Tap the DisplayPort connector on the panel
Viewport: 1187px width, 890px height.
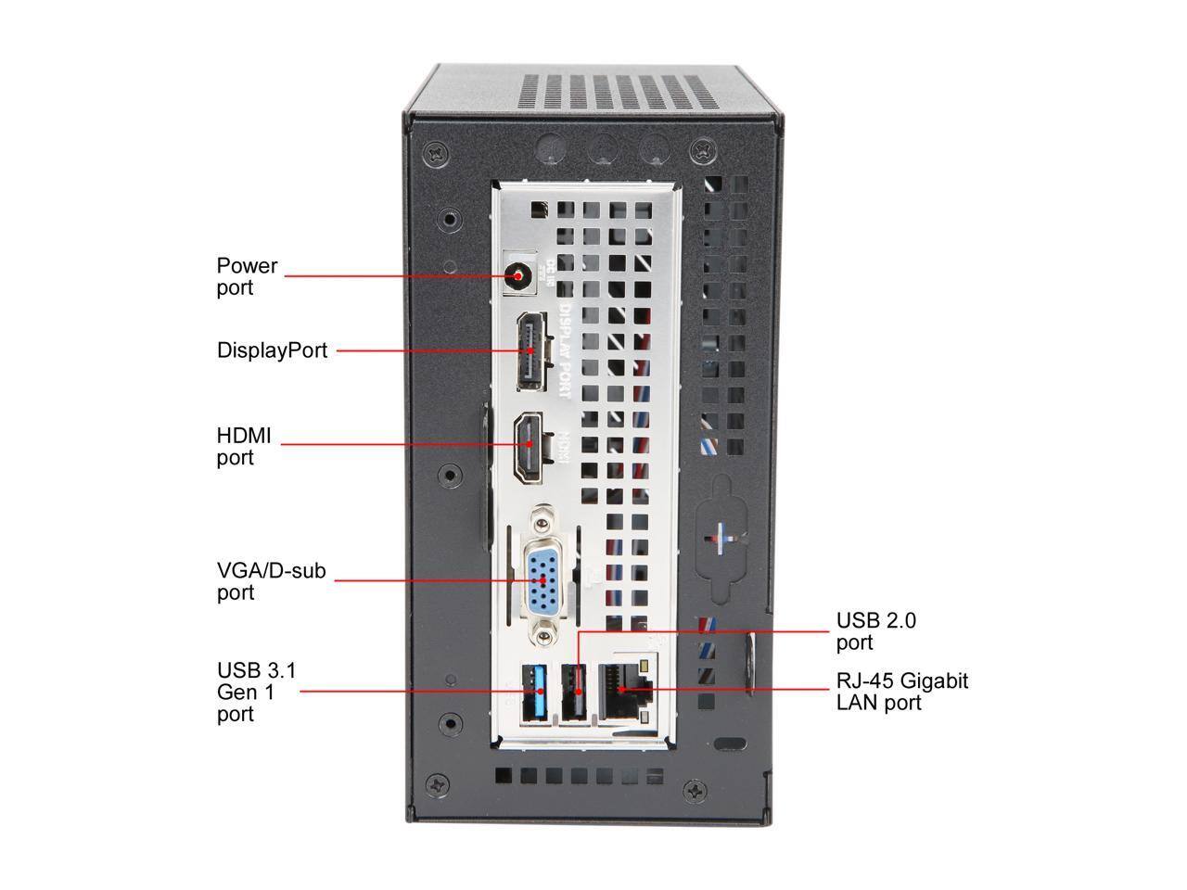tap(534, 351)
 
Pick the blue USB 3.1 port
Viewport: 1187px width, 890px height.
tap(534, 693)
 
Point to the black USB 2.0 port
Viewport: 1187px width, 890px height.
tap(574, 693)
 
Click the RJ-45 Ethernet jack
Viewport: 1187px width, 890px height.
tap(626, 691)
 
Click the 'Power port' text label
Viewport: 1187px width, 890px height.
tap(247, 276)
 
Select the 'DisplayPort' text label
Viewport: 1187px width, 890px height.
tap(272, 350)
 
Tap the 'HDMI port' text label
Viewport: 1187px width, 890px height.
tap(243, 446)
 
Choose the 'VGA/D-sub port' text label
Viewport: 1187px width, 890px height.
tap(271, 581)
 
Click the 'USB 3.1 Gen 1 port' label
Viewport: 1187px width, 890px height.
tap(256, 692)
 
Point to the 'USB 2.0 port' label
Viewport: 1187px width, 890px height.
tap(876, 631)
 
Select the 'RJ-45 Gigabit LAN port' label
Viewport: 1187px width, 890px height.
tap(902, 692)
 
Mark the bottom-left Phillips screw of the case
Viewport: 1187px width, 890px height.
tap(437, 785)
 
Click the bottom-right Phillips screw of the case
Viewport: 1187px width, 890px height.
tap(696, 791)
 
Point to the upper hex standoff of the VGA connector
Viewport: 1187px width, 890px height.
tap(542, 519)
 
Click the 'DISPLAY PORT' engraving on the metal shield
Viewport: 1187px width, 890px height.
tap(565, 350)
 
